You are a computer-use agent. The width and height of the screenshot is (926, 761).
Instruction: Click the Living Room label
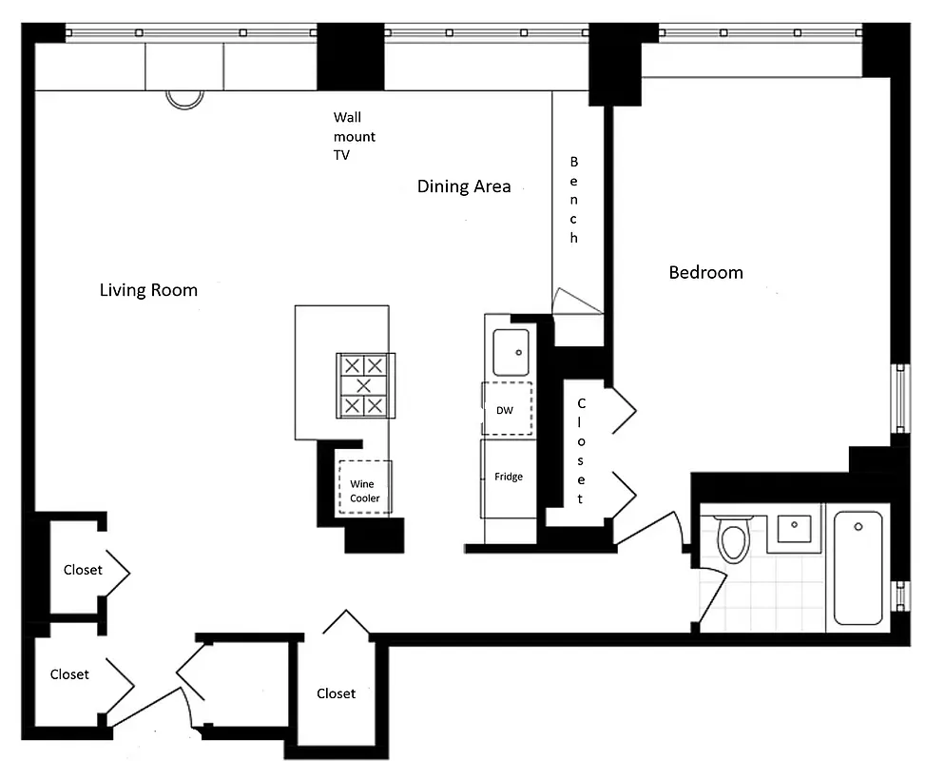(x=148, y=290)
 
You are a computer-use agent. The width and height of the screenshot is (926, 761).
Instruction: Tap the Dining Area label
(x=464, y=186)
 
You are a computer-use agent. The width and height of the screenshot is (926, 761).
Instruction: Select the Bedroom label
(x=705, y=273)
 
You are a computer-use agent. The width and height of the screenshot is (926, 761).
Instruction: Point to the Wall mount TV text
(x=354, y=136)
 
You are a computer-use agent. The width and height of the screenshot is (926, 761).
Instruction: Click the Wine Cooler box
(x=365, y=490)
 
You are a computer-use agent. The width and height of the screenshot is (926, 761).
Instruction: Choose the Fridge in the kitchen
(x=508, y=477)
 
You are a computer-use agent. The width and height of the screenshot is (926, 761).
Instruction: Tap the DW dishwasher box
(x=507, y=409)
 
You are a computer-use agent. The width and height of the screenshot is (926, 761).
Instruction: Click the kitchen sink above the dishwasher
(x=511, y=351)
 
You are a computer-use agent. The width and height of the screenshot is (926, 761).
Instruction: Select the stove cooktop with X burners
(x=364, y=385)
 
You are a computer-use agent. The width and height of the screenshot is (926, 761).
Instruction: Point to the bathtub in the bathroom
(x=858, y=568)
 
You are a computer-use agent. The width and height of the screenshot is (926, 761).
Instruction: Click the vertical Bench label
(x=574, y=200)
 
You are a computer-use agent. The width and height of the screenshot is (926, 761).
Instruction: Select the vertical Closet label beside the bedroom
(x=582, y=451)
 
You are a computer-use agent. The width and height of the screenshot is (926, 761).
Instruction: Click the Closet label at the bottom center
(x=336, y=693)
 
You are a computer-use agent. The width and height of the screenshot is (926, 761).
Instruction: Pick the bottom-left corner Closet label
(x=69, y=674)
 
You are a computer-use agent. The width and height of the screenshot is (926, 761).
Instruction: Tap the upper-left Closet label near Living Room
(x=83, y=570)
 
